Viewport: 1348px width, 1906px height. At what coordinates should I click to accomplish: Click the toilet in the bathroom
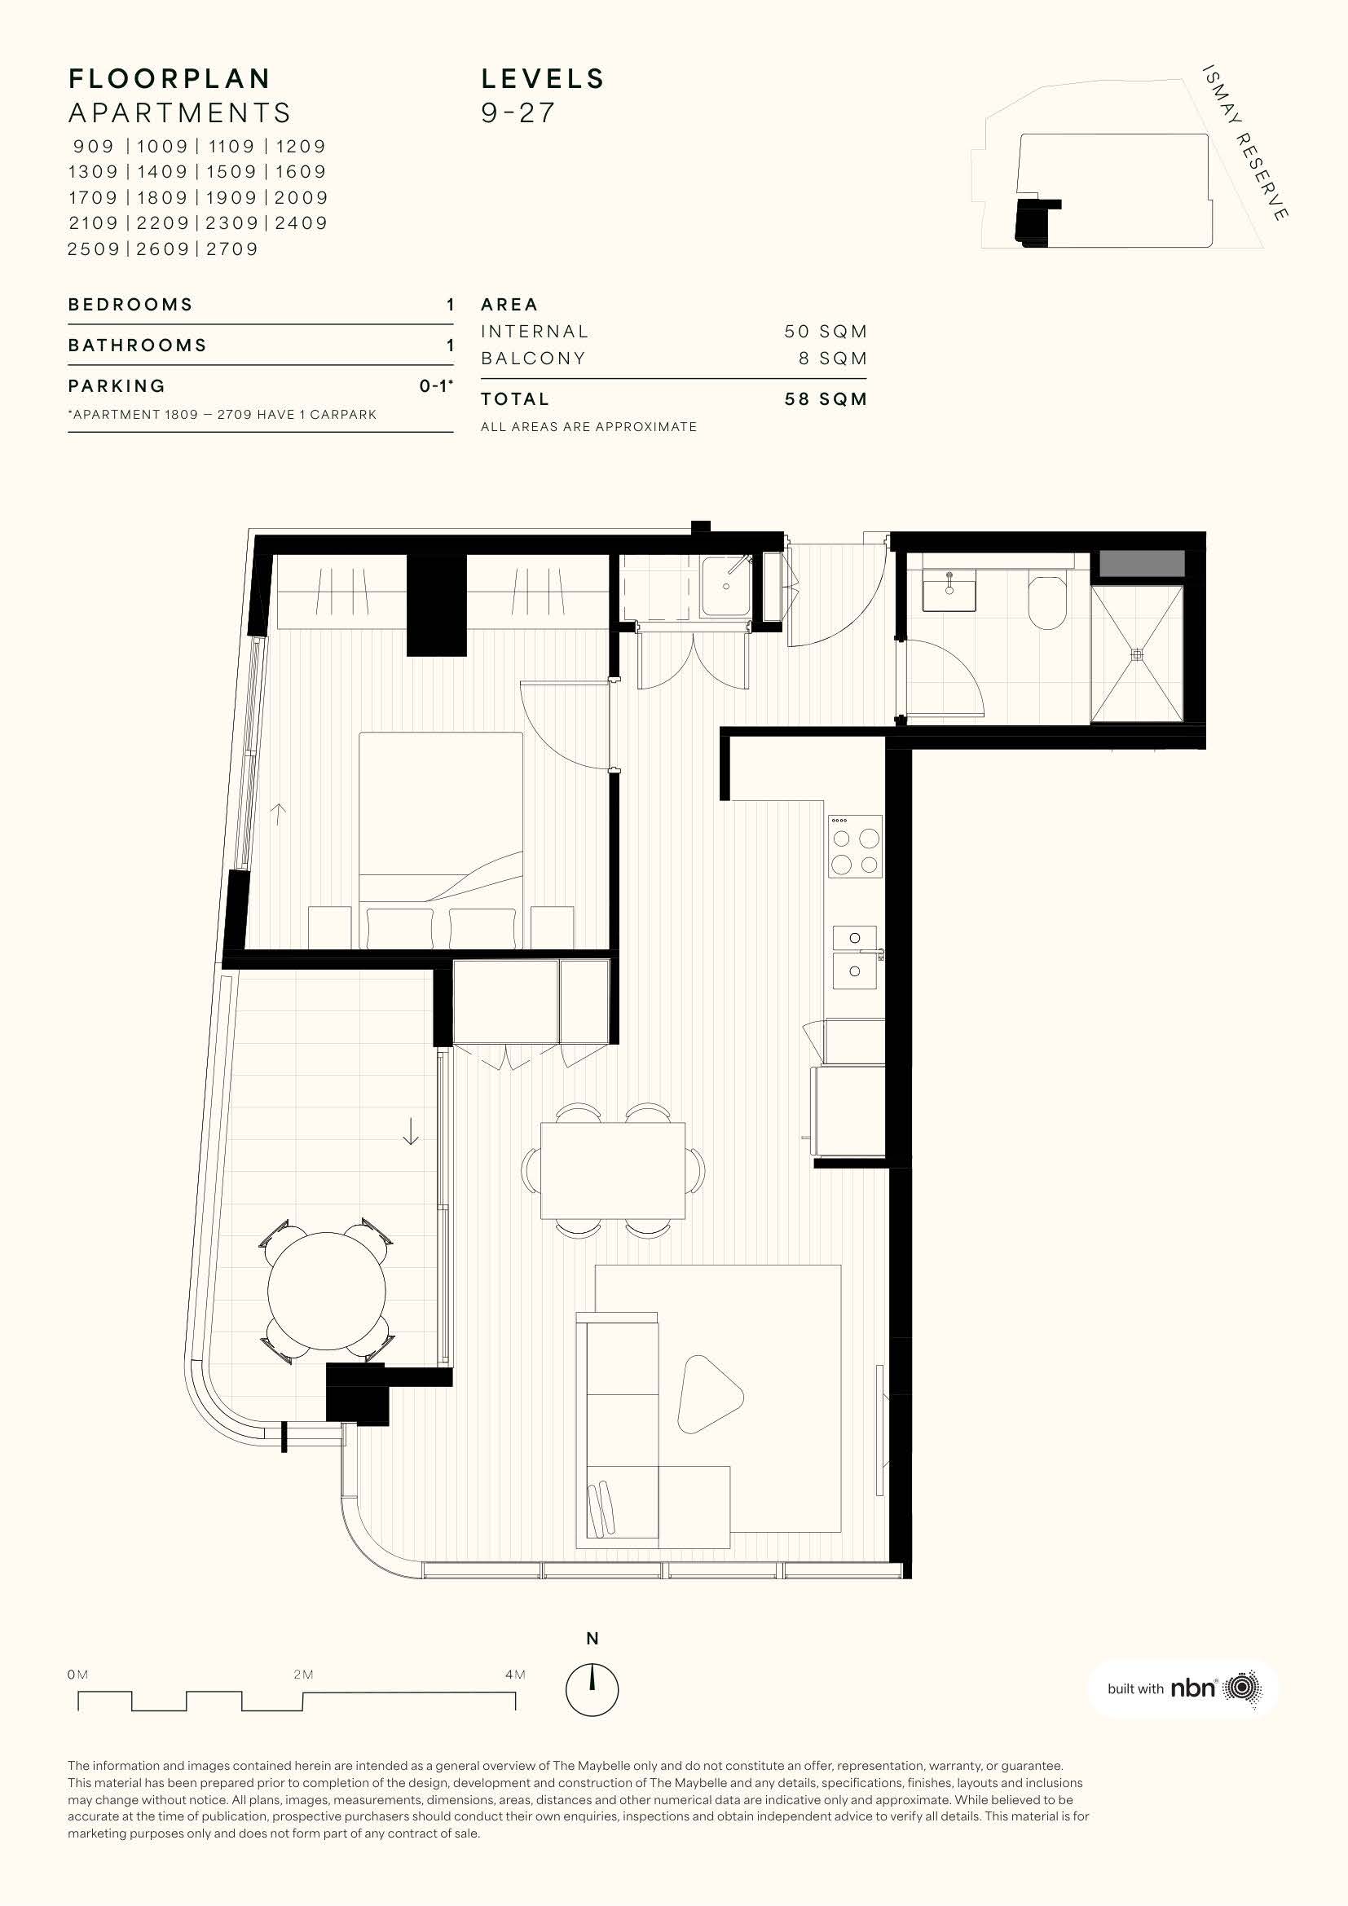[x=1047, y=600]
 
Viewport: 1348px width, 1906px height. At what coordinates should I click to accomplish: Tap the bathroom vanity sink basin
[x=949, y=590]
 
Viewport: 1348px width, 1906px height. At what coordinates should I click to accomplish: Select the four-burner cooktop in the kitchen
[x=855, y=846]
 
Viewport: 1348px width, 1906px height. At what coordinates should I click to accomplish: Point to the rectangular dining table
[x=613, y=1170]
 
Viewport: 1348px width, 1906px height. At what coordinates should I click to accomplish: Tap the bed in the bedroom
[x=441, y=840]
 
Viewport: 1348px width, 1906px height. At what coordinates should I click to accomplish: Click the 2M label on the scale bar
[x=303, y=1675]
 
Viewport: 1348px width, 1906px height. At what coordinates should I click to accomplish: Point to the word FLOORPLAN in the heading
[x=170, y=79]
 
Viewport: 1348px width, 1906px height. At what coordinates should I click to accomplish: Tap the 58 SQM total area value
[x=826, y=399]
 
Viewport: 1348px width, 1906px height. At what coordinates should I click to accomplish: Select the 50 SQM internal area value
[x=826, y=331]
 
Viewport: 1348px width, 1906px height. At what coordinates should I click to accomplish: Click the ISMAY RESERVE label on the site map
[x=1245, y=142]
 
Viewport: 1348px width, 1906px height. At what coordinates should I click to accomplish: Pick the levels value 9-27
[x=518, y=113]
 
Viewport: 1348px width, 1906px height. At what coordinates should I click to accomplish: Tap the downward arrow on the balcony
[x=410, y=1132]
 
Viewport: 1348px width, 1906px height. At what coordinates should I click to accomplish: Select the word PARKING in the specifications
[x=117, y=386]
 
